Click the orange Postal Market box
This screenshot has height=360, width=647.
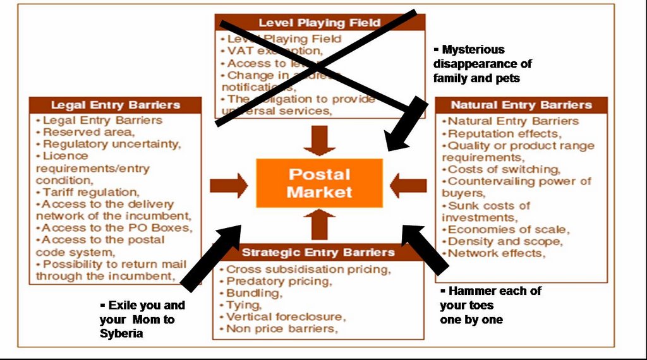[x=319, y=183]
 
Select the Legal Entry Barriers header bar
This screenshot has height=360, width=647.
[x=116, y=105]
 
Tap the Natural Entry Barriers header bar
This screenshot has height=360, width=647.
[x=521, y=105]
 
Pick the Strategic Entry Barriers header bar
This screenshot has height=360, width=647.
[x=318, y=253]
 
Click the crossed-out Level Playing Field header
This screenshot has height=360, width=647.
[x=319, y=23]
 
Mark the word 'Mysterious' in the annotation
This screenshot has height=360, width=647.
[x=473, y=49]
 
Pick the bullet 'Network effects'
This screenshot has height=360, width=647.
[x=496, y=253]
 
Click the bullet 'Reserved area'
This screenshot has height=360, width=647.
[x=88, y=132]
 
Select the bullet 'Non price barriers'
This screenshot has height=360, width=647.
[x=282, y=328]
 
